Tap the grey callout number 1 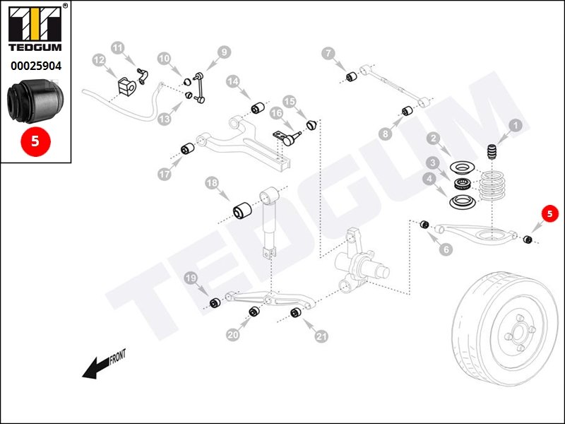click(515, 126)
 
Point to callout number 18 click(211, 184)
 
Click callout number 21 click(322, 336)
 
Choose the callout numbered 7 click(328, 53)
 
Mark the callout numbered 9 click(223, 52)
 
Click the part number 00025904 click(36, 66)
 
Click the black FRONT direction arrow click(97, 365)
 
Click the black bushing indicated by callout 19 click(216, 304)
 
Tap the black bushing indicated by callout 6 click(425, 225)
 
